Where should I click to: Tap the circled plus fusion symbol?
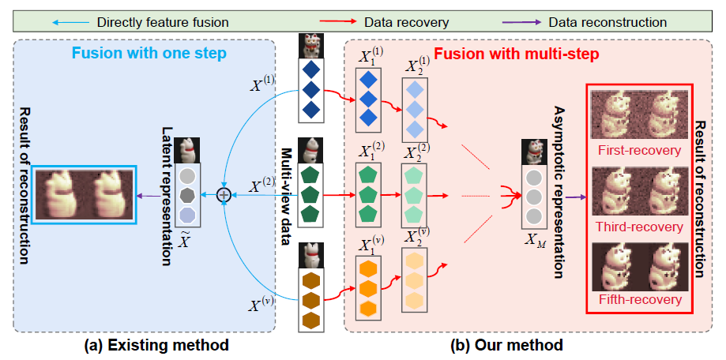[x=224, y=193]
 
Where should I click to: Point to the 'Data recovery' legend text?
[x=387, y=23]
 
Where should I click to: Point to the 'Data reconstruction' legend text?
[x=613, y=23]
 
